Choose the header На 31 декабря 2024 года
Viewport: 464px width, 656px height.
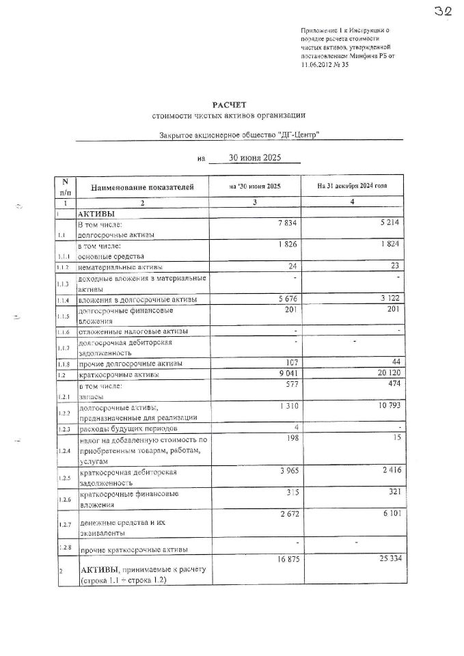coord(351,186)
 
